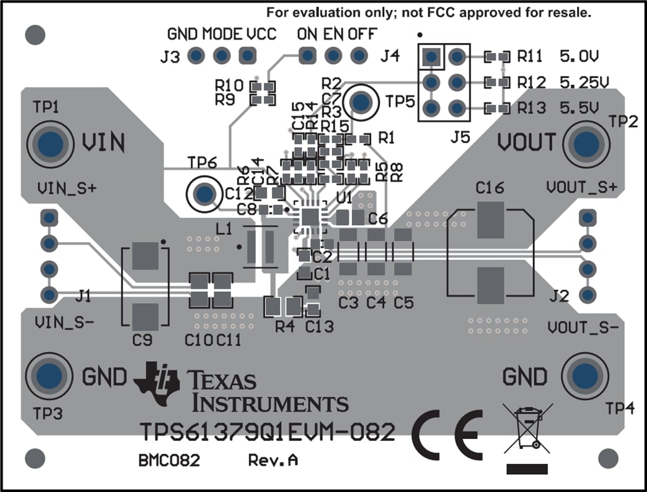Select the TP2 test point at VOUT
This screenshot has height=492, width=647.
[585, 144]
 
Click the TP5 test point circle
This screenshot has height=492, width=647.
[361, 102]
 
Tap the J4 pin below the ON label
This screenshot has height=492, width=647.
[306, 56]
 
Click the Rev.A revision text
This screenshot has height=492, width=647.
[272, 460]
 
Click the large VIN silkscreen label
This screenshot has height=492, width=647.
[103, 142]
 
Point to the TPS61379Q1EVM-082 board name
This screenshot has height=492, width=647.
[268, 433]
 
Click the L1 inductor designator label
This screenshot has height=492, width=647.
[224, 227]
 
